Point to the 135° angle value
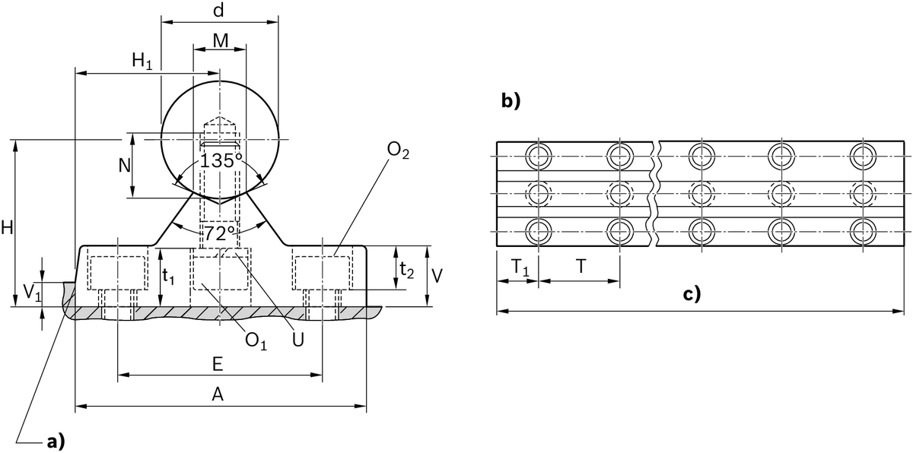(221, 161)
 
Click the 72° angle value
(219, 232)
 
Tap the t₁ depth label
(169, 277)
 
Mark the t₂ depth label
(407, 268)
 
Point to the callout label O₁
(256, 342)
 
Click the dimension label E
(217, 365)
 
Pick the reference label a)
(56, 440)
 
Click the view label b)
(511, 101)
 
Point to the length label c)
(691, 293)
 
